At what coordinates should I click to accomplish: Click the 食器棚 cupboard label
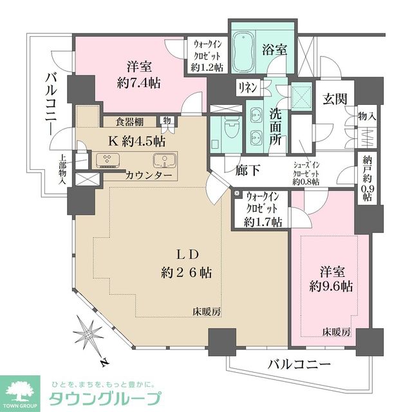tap(129, 121)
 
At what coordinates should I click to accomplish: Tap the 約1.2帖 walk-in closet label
tap(207, 56)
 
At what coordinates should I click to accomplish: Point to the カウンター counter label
tap(149, 175)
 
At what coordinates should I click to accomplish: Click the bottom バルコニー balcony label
tap(299, 365)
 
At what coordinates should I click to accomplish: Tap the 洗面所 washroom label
tap(276, 126)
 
